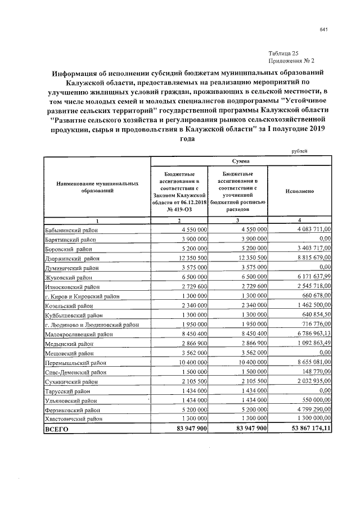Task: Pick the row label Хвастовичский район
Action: tap(74, 419)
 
